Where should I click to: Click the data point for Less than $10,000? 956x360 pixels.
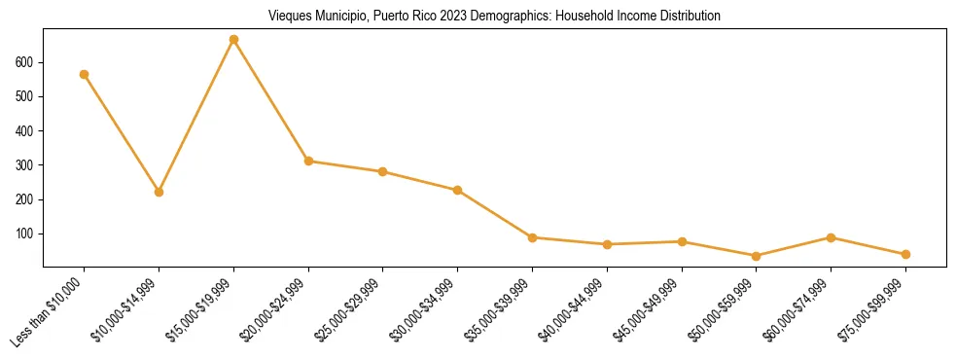pyautogui.click(x=85, y=74)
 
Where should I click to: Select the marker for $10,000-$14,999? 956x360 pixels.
pyautogui.click(x=159, y=192)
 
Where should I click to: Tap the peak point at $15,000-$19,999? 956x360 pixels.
pyautogui.click(x=233, y=40)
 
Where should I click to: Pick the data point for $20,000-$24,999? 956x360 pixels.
pyautogui.click(x=308, y=161)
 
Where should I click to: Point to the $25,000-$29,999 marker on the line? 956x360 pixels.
pyautogui.click(x=382, y=171)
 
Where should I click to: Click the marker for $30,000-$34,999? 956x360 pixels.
pyautogui.click(x=457, y=190)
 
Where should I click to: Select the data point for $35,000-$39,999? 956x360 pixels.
pyautogui.click(x=532, y=237)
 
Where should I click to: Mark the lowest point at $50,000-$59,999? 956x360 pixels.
pyautogui.click(x=756, y=256)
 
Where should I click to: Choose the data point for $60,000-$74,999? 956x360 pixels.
pyautogui.click(x=831, y=237)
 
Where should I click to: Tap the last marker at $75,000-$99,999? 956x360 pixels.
pyautogui.click(x=905, y=254)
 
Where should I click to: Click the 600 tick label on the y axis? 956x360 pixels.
pyautogui.click(x=24, y=62)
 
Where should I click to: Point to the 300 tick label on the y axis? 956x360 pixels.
pyautogui.click(x=24, y=165)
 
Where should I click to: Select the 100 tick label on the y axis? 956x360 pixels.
pyautogui.click(x=24, y=234)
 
